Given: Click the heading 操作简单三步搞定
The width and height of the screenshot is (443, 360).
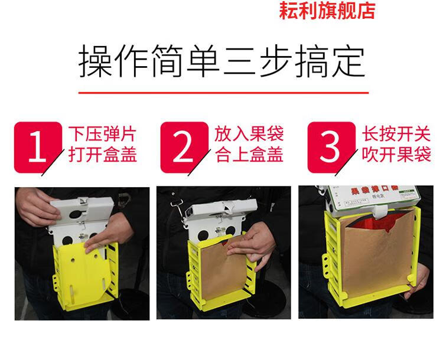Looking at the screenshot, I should pyautogui.click(x=222, y=62).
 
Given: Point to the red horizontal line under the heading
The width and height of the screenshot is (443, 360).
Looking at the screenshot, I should pyautogui.click(x=222, y=93).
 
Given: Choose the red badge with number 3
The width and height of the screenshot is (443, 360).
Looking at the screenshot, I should pyautogui.click(x=330, y=148).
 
